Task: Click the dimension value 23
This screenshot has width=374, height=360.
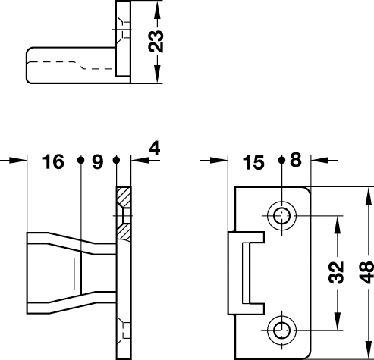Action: pyautogui.click(x=156, y=41)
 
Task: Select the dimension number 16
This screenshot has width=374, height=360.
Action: pyautogui.click(x=53, y=161)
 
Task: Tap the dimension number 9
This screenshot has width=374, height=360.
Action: pyautogui.click(x=98, y=162)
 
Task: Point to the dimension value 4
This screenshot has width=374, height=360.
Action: pyautogui.click(x=155, y=149)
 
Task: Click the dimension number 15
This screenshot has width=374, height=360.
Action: pyautogui.click(x=253, y=162)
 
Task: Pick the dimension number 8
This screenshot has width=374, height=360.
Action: pyautogui.click(x=296, y=160)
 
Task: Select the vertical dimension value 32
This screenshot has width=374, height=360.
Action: pyautogui.click(x=337, y=273)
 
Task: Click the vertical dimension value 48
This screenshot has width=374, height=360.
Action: pyautogui.click(x=366, y=273)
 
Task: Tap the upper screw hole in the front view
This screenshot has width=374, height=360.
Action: pyautogui.click(x=281, y=216)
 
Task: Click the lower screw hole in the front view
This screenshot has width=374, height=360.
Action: pyautogui.click(x=281, y=330)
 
